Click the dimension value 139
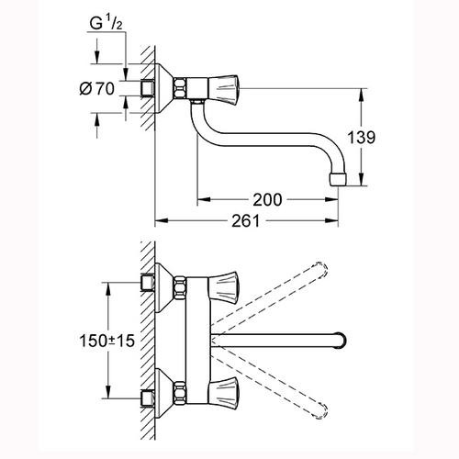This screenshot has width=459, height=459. [361, 138]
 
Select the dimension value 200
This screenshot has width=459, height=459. [267, 200]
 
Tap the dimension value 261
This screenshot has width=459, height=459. [245, 220]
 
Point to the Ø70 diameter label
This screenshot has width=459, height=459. [96, 89]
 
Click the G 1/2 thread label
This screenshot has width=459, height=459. [106, 23]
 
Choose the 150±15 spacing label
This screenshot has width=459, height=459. [107, 341]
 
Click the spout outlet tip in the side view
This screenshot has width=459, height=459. [338, 179]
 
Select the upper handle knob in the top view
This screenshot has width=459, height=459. [223, 285]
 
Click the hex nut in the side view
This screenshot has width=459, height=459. [180, 89]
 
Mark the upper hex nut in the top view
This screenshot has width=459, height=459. [180, 286]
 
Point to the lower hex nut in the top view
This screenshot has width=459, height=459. [180, 393]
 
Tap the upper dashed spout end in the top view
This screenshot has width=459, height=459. [320, 271]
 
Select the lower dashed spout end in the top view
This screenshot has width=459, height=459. [320, 410]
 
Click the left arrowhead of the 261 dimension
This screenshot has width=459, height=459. [162, 220]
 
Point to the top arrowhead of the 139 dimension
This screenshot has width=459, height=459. [362, 95]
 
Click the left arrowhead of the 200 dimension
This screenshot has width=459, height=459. [204, 200]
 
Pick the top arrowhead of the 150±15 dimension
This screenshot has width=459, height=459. [107, 289]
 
